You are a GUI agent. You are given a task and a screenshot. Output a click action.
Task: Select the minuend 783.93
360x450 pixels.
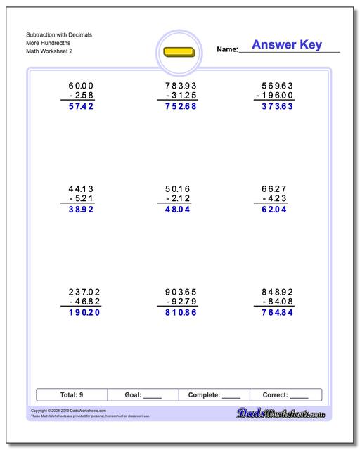click(176, 85)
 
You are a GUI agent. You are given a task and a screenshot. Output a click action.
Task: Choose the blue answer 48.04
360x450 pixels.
click(176, 210)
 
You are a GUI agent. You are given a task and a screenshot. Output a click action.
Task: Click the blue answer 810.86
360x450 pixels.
click(176, 314)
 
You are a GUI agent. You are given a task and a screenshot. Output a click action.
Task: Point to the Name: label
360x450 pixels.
click(227, 49)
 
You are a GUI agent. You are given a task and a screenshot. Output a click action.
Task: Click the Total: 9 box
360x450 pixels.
click(72, 395)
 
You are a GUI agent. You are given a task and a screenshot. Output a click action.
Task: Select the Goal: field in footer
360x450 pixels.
click(144, 395)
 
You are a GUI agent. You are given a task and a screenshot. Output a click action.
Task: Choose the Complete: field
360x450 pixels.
click(215, 395)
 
